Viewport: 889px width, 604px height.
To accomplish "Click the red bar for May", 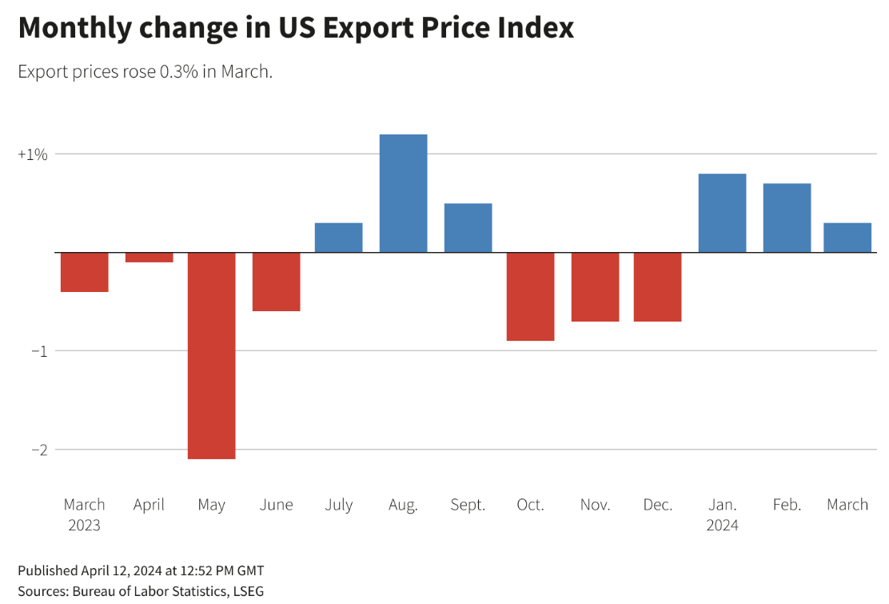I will [212, 355].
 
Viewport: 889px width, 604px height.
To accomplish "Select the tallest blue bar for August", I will [403, 194].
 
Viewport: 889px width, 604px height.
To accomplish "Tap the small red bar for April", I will [149, 258].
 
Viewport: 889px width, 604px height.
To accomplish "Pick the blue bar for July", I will [339, 238].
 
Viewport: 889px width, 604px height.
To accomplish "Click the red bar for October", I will [530, 296].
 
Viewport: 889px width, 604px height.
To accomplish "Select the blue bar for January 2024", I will [722, 213].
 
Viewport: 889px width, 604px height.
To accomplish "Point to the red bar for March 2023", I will [85, 272].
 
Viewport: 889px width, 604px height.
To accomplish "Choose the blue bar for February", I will [787, 218].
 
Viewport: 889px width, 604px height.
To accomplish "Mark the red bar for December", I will [657, 286].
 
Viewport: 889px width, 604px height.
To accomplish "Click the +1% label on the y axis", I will [33, 154].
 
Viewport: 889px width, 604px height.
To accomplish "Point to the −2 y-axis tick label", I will [38, 450].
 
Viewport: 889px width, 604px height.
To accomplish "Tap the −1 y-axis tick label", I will [38, 351].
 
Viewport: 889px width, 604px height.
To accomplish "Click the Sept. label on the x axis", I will [468, 505].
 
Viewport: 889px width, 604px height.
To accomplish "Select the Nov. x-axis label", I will [595, 505].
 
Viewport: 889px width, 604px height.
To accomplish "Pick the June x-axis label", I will [276, 505].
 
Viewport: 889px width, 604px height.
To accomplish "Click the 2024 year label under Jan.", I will [722, 526].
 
